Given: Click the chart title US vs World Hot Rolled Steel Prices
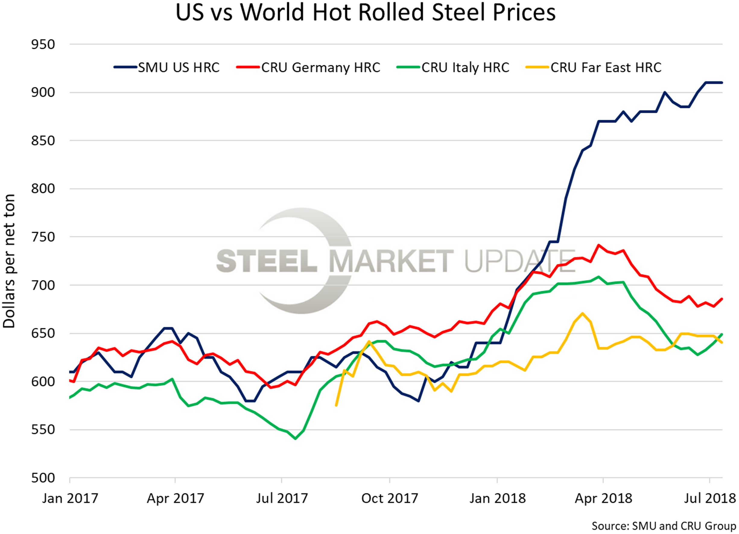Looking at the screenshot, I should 365,13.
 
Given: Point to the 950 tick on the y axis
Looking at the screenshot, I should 43,45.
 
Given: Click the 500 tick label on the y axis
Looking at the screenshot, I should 43,478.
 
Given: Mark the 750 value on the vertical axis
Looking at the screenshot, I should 43,237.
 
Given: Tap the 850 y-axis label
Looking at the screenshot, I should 43,141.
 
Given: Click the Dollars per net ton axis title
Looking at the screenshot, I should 9,261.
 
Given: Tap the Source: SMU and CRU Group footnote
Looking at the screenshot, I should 663,526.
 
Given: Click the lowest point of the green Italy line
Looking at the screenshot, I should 295,439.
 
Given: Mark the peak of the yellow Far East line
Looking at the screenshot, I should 582,313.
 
